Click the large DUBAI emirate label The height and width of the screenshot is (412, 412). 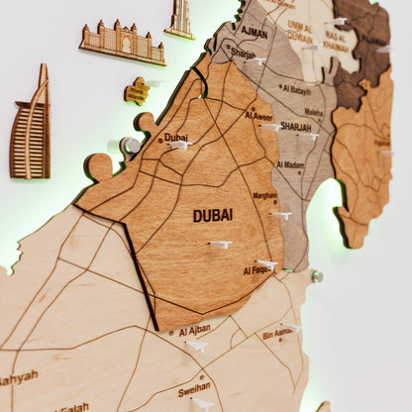[213, 214]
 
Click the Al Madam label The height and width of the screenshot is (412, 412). [291, 164]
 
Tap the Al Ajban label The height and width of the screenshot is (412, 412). [194, 329]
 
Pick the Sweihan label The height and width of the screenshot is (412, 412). [193, 387]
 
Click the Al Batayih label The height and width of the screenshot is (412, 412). [295, 89]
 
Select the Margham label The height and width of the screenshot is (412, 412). [265, 196]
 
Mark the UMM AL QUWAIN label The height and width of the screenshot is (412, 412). [300, 31]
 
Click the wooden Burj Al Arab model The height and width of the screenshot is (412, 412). [31, 124]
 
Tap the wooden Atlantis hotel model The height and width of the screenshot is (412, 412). [123, 41]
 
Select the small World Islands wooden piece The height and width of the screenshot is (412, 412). [137, 91]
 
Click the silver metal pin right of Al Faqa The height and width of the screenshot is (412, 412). [318, 276]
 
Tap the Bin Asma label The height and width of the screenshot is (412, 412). [277, 335]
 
